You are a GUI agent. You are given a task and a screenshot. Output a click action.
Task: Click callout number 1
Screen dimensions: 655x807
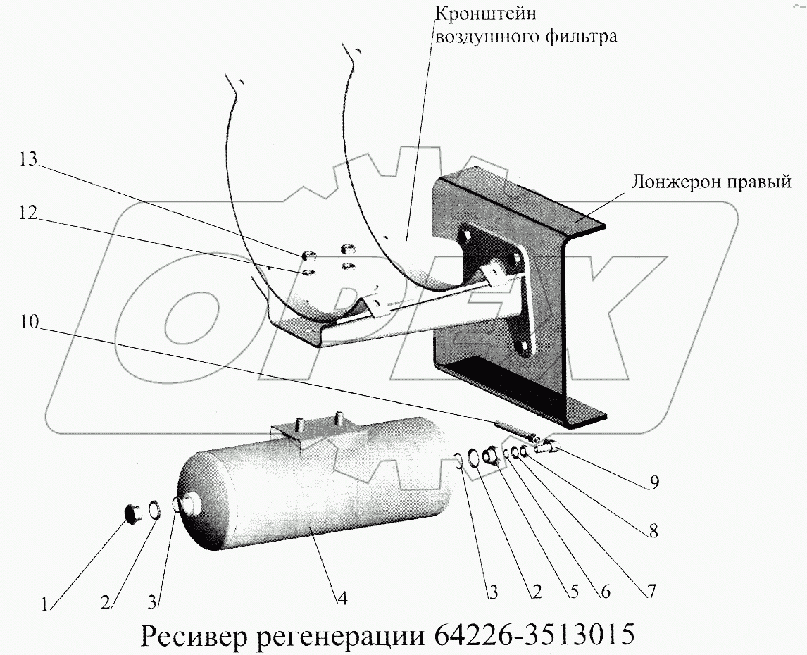45,604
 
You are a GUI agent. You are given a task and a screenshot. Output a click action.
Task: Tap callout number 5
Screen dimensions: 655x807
575,593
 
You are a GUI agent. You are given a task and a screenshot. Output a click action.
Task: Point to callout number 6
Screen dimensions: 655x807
605,593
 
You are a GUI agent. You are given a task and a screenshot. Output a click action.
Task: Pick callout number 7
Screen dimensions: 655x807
650,592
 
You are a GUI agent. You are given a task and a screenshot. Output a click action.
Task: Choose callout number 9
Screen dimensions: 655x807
654,484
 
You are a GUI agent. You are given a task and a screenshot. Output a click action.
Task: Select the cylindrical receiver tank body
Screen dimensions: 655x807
310,493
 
